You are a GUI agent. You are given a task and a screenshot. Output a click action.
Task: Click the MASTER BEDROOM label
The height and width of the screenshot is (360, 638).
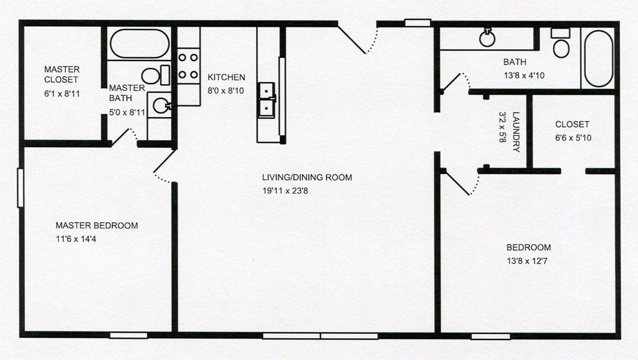coord(97,225)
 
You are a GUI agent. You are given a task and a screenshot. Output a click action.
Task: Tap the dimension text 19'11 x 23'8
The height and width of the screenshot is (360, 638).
coord(285,191)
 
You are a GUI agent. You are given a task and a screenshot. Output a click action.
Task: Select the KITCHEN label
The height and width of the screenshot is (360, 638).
coord(226,77)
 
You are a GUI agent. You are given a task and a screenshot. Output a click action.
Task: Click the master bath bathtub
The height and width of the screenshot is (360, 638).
coord(140,44)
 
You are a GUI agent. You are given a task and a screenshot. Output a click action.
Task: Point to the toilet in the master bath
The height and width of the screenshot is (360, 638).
coord(156,75)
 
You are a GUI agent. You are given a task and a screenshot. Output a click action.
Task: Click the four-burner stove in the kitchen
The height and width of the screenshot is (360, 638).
coord(188,66)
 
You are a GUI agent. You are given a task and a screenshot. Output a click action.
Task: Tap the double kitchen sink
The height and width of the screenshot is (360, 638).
coord(267,100)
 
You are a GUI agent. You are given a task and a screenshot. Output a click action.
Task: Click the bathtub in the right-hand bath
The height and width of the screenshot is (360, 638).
coord(599,58)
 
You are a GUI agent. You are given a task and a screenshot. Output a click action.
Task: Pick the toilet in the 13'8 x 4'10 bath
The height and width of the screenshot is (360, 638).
coord(561,43)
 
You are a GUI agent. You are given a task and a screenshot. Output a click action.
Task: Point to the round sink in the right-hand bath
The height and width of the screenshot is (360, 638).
coord(487,38)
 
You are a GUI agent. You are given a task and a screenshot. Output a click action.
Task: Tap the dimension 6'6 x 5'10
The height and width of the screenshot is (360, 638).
coord(573,138)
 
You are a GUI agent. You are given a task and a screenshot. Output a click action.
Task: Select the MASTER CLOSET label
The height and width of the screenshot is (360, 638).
coord(62,75)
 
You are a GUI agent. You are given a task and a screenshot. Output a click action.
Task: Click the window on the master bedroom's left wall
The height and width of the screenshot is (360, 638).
coord(21,188)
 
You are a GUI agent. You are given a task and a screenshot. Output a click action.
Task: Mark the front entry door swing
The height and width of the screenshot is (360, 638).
coord(358,40)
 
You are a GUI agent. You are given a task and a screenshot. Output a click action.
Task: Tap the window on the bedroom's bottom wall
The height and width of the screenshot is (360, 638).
coord(491,336)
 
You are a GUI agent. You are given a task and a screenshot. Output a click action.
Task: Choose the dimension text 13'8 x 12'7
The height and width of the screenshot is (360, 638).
coord(527,261)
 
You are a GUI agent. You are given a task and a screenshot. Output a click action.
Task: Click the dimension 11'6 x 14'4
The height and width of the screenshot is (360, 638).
coord(76,239)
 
